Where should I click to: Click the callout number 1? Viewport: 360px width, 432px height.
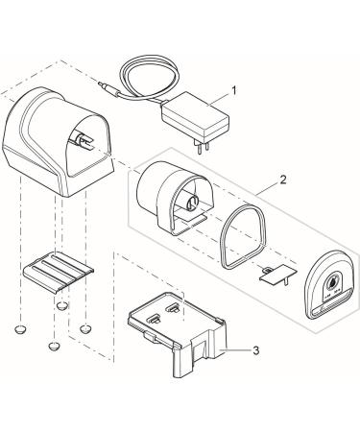[234, 91]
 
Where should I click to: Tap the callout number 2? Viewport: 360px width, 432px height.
[283, 180]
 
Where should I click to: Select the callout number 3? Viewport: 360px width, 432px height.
[255, 350]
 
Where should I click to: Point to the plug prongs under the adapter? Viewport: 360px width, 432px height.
[204, 148]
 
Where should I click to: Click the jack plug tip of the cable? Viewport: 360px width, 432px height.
[103, 84]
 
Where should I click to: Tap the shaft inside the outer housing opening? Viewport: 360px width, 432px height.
[82, 140]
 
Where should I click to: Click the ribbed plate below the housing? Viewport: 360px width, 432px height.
[59, 272]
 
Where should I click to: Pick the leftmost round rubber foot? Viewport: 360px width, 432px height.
[21, 328]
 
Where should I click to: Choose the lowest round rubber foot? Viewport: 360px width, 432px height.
[54, 346]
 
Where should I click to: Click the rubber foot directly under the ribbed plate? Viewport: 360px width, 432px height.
[62, 305]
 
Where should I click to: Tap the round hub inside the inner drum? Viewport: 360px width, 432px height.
[193, 204]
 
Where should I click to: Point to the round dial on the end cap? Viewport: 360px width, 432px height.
[333, 282]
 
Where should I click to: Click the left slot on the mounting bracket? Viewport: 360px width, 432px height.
[154, 319]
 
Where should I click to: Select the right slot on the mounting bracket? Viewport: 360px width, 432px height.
[173, 308]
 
